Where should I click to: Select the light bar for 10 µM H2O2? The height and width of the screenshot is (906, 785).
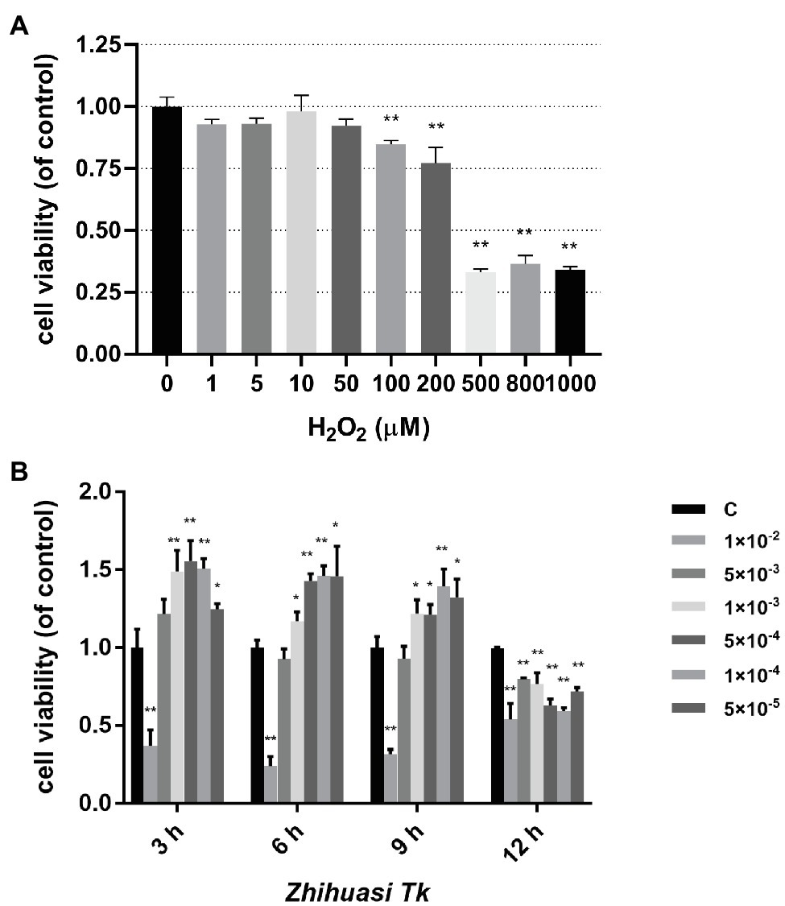point(301,233)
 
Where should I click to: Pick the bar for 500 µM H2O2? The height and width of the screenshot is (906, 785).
point(481,313)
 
